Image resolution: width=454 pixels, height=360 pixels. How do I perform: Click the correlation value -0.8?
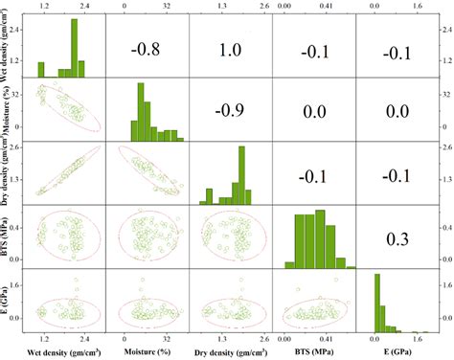[146, 50]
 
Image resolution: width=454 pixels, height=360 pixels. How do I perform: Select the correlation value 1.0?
[230, 50]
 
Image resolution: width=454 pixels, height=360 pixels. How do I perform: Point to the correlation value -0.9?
[230, 110]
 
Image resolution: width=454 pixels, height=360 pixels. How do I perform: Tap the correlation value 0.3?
[397, 239]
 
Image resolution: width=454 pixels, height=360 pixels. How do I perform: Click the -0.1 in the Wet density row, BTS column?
[315, 52]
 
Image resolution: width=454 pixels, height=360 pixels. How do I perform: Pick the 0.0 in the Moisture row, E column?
[397, 111]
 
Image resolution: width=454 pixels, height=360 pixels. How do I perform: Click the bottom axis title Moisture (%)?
[148, 352]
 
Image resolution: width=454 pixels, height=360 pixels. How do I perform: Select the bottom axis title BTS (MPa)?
[315, 351]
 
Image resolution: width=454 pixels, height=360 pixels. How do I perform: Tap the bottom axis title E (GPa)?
[397, 352]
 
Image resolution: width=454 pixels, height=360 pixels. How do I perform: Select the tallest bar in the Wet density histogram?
[75, 48]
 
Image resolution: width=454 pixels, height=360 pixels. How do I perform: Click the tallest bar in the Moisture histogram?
[141, 112]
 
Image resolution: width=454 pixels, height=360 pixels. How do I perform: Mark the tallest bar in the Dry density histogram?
[241, 175]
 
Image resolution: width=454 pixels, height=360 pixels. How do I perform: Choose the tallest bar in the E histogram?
[377, 303]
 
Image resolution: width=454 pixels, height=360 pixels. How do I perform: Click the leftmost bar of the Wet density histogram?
[41, 70]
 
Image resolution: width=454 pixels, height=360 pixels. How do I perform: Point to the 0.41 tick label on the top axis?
[326, 6]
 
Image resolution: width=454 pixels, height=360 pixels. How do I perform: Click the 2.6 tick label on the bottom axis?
[265, 339]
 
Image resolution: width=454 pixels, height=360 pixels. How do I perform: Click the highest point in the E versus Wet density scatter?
[76, 280]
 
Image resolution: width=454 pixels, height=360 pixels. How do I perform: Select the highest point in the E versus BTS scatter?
[336, 280]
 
